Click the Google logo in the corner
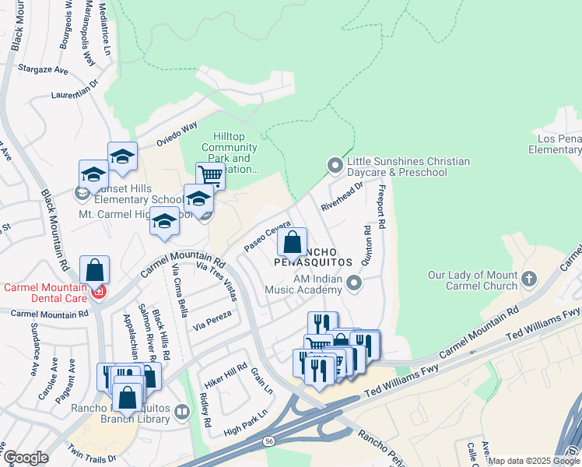click(x=25, y=458)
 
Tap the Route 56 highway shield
click(x=268, y=441)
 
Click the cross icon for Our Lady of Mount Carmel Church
click(x=529, y=278)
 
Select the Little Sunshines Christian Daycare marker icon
click(x=335, y=166)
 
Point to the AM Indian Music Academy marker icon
click(x=355, y=283)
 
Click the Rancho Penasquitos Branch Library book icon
click(x=181, y=411)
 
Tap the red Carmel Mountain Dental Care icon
click(x=99, y=292)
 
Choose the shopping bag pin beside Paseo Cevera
click(x=293, y=243)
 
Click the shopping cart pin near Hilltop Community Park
click(x=210, y=176)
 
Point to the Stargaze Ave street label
click(x=44, y=69)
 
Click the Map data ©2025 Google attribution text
click(x=534, y=461)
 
